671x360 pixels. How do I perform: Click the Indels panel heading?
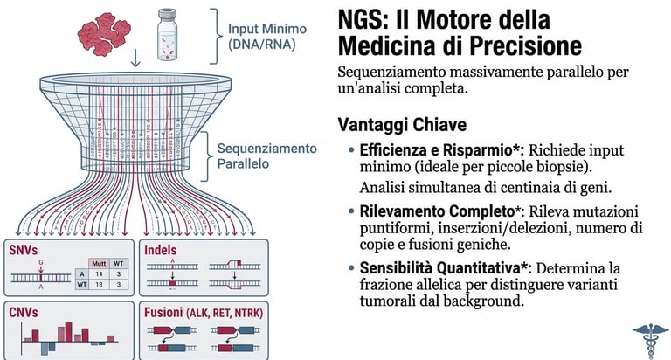tap(163, 251)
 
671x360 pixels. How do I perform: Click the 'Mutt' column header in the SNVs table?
tap(99, 262)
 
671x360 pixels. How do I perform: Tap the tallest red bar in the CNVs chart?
tap(86, 334)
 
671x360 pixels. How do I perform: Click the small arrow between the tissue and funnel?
tap(135, 59)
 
